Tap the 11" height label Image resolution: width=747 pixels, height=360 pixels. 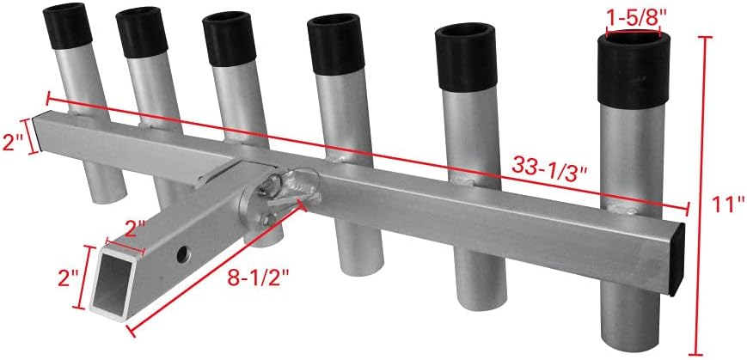[729, 204]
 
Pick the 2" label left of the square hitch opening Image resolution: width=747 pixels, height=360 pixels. [70, 278]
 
